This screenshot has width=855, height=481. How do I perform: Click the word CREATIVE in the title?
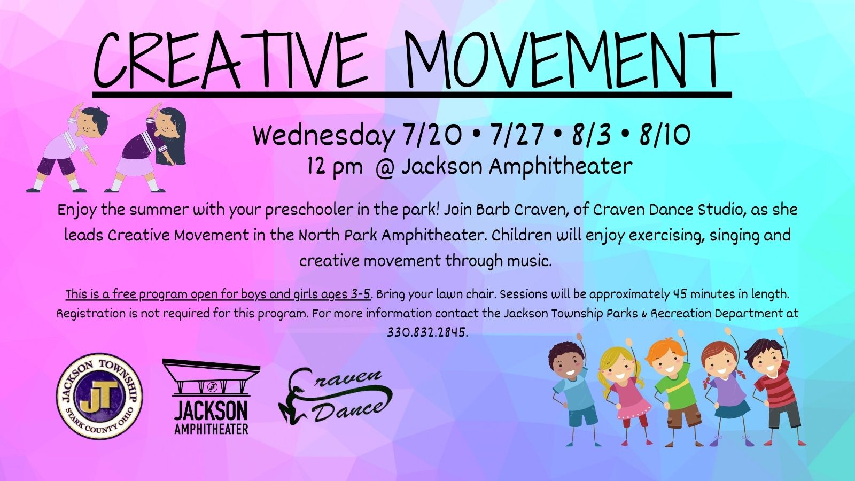coord(230,59)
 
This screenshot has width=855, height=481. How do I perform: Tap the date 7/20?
coord(431,136)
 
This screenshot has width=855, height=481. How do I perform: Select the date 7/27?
coord(518,136)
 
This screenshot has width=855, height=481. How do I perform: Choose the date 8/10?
coord(665,136)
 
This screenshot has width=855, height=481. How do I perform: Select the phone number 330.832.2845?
coord(427,332)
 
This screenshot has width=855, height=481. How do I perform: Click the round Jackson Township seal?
coord(99,396)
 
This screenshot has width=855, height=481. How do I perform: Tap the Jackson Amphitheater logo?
coord(211,397)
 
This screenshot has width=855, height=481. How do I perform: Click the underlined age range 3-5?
coord(360,294)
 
